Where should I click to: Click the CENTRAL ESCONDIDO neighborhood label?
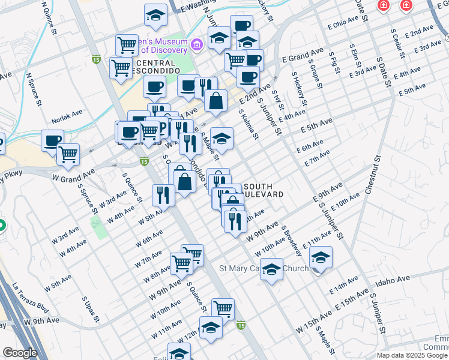[155, 67]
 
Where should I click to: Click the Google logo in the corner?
[19, 353]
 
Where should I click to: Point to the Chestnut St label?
[373, 175]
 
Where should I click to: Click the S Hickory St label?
[298, 90]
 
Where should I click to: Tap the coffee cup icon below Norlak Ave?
[52, 140]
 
